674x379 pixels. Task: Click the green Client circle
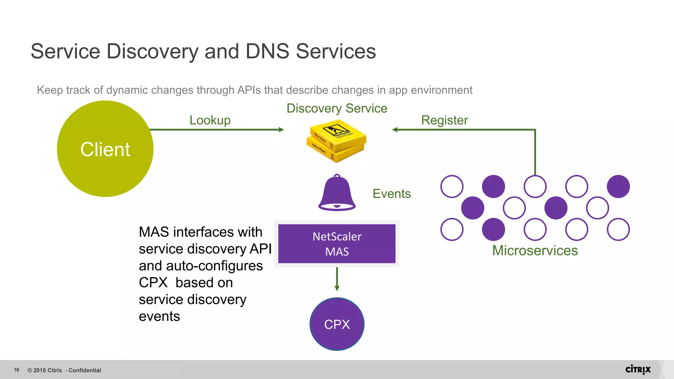(x=105, y=149)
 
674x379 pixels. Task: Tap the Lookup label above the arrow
(x=210, y=120)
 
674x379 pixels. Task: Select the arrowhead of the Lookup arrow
(x=281, y=130)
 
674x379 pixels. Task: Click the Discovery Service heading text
(x=337, y=108)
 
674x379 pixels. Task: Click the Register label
(x=444, y=120)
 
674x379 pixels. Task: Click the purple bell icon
(x=337, y=193)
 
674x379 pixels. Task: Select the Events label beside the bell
(x=391, y=193)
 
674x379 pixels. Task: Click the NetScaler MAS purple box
(x=337, y=244)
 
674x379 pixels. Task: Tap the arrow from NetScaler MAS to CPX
(x=337, y=279)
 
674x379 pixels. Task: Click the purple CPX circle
(x=337, y=324)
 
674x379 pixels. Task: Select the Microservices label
(x=535, y=250)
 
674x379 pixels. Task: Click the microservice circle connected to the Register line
(x=535, y=186)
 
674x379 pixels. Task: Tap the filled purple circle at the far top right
(x=618, y=186)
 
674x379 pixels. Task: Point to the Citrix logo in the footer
(x=638, y=369)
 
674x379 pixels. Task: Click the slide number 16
(x=16, y=370)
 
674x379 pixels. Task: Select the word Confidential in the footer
(x=85, y=370)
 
